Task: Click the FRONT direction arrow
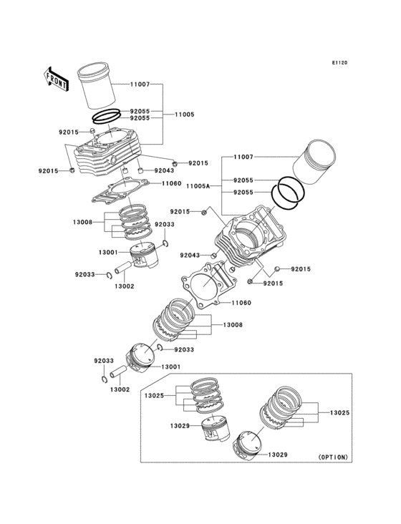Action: coord(56,79)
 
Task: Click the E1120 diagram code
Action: coord(339,62)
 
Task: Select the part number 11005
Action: coord(185,115)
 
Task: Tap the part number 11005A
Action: coord(198,185)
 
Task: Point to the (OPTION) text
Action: coord(333,457)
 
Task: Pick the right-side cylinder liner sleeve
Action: coord(314,161)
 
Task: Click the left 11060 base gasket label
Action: coord(171,183)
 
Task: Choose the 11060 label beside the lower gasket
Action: coord(241,303)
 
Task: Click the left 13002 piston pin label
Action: coord(125,286)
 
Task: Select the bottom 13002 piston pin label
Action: coord(120,389)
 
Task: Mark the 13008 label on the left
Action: coord(82,222)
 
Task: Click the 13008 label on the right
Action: coord(233,324)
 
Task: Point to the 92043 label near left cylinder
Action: coord(164,170)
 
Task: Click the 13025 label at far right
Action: coord(340,413)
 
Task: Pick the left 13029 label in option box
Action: coord(180,426)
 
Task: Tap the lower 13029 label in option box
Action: coord(278,455)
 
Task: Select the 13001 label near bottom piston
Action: coord(170,367)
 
